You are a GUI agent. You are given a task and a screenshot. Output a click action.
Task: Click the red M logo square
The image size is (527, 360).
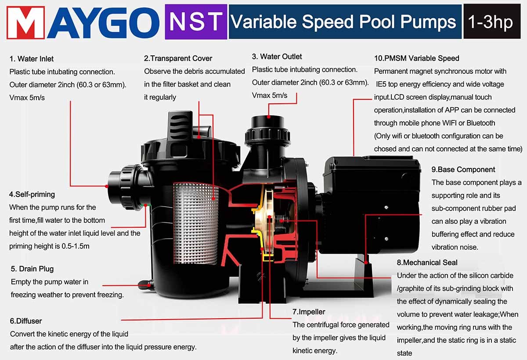(25, 22)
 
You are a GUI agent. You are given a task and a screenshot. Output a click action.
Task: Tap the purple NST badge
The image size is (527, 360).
(196, 22)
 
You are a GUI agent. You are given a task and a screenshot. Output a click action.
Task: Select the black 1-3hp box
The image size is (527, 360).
(492, 22)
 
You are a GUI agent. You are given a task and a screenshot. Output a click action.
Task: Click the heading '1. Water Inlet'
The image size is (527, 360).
(32, 59)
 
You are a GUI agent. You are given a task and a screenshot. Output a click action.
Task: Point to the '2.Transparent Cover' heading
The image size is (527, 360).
(178, 58)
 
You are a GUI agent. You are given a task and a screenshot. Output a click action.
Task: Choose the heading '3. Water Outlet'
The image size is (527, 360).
(277, 57)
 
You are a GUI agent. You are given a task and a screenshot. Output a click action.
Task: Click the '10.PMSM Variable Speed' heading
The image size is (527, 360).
(417, 58)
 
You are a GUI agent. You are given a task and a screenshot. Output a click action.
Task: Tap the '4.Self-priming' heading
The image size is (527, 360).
(32, 194)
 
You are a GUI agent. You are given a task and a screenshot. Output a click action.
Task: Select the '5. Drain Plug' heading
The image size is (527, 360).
(32, 269)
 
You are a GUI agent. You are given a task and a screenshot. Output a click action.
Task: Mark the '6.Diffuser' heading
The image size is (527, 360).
(26, 321)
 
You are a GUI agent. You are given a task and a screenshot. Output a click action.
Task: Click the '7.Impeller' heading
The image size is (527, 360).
(309, 312)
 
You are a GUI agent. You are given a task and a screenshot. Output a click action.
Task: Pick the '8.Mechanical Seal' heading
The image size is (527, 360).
(427, 262)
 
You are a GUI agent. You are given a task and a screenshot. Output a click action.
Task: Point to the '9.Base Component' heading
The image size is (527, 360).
(463, 170)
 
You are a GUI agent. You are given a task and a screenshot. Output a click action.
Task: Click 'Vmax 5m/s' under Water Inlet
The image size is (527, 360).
(27, 98)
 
